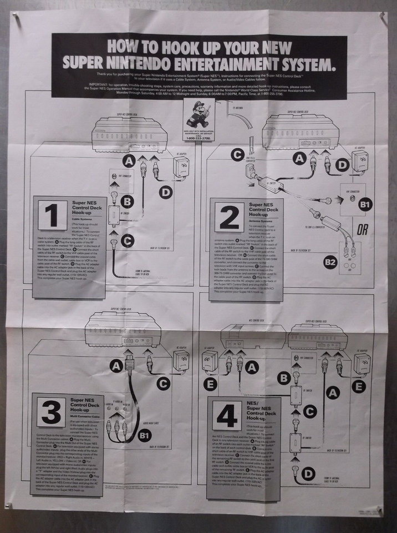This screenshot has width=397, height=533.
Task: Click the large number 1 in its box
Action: (53, 214)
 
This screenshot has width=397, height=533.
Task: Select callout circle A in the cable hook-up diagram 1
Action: (129, 162)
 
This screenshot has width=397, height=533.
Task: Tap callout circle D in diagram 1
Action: (165, 192)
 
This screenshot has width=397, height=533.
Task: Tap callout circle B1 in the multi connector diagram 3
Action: (145, 436)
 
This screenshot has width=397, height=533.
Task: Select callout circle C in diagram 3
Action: (162, 383)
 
